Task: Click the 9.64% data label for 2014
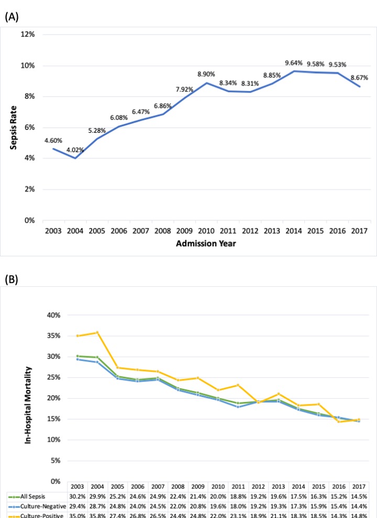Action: pos(294,63)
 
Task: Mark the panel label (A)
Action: pos(12,17)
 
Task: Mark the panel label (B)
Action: pos(12,279)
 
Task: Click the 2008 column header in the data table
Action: pos(179,486)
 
